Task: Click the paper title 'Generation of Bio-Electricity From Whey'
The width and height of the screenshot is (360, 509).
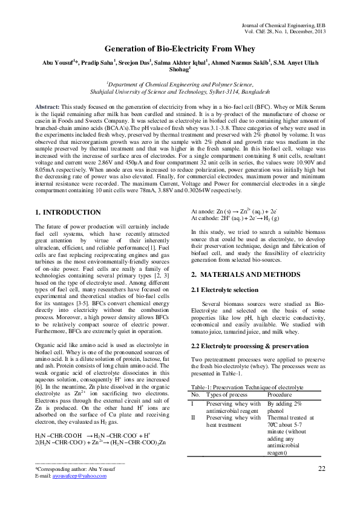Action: pos(180,48)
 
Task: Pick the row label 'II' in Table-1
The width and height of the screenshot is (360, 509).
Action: pos(194,417)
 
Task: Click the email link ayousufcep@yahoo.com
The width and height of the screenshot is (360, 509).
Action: pos(79,476)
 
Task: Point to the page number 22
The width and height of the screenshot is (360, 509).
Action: pos(321,468)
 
